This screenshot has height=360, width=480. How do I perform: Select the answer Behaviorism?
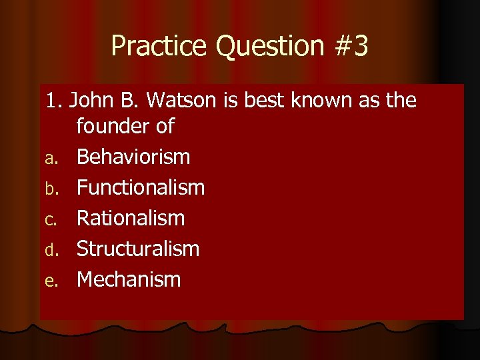[x=133, y=157]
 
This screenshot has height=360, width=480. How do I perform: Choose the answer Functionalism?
[x=141, y=188]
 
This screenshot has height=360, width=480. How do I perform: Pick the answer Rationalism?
[x=131, y=218]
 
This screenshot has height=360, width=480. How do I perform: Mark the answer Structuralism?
[x=138, y=249]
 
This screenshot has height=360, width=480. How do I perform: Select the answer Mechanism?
[x=129, y=279]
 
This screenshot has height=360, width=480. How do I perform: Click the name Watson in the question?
[x=181, y=101]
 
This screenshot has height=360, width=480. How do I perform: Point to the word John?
[x=91, y=101]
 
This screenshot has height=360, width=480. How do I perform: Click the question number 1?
[x=53, y=101]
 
